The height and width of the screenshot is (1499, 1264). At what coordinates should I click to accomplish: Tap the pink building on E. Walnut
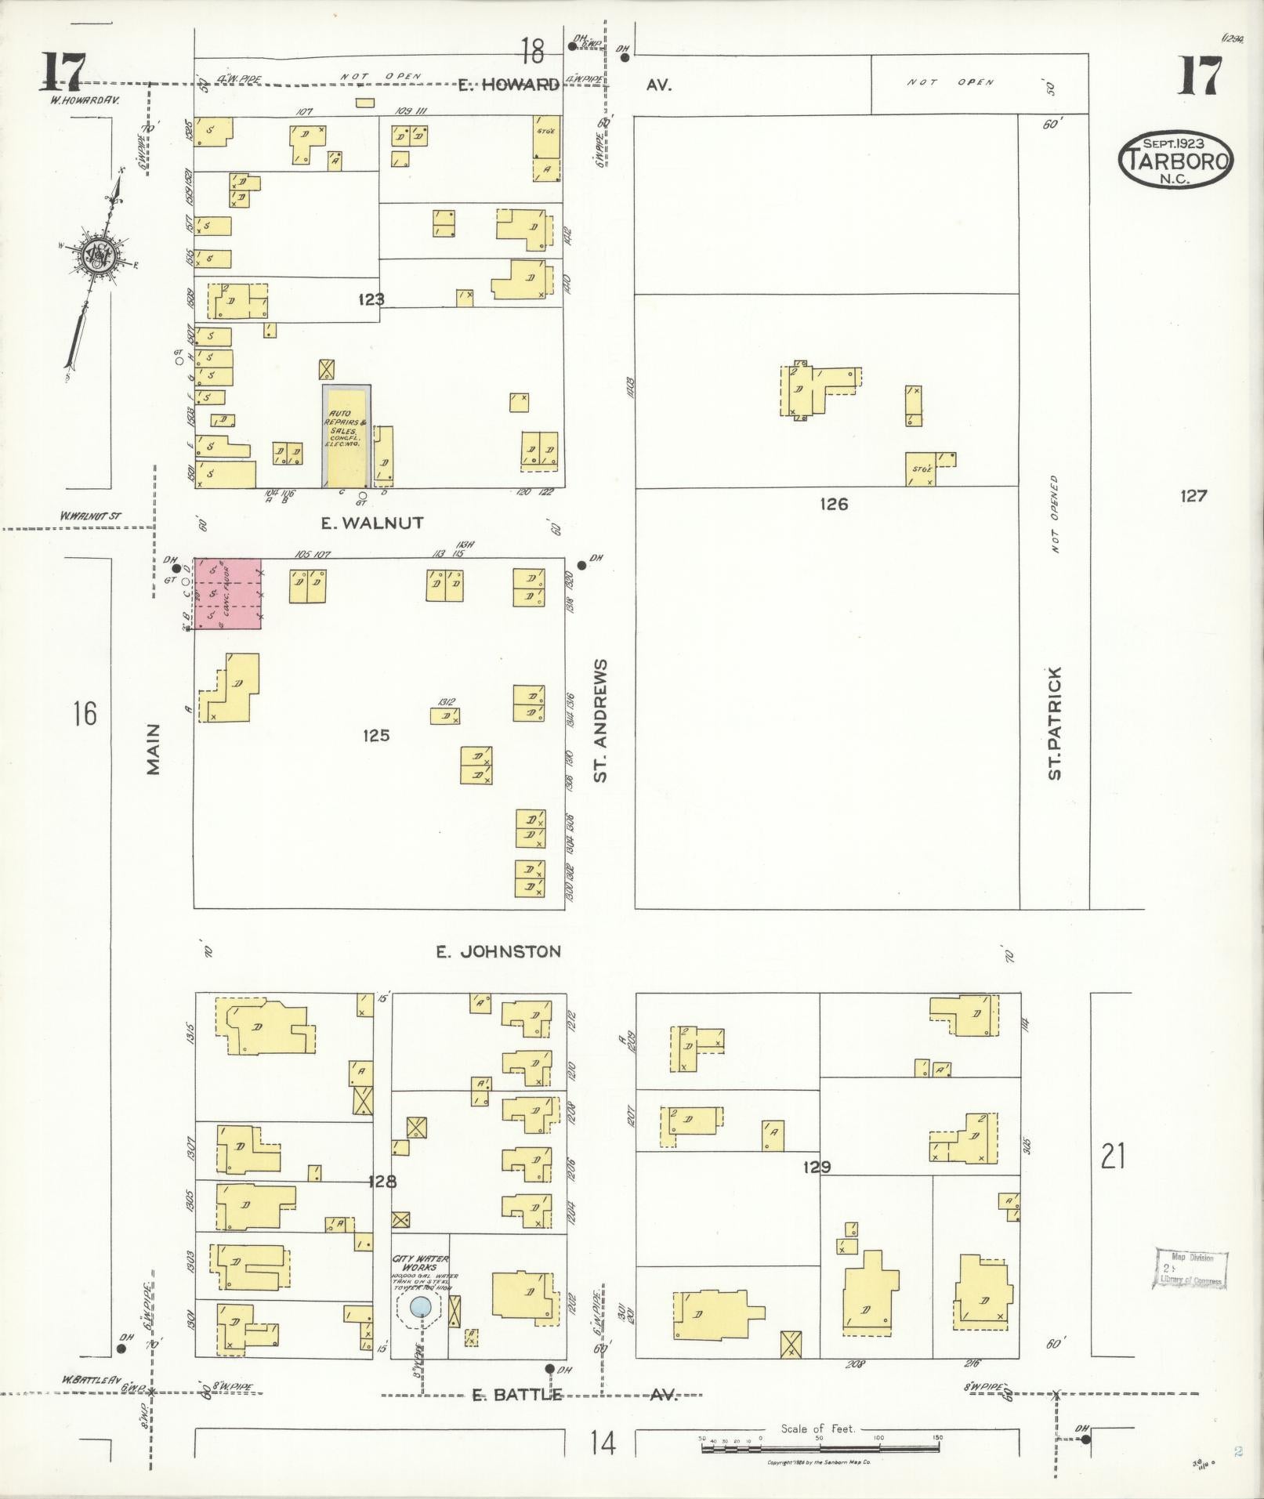pyautogui.click(x=227, y=593)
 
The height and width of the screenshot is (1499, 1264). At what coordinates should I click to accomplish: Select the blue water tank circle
pyautogui.click(x=421, y=1305)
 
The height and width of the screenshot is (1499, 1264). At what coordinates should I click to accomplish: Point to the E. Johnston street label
pyautogui.click(x=498, y=951)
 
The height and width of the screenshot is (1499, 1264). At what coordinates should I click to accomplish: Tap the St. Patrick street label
pyautogui.click(x=1055, y=722)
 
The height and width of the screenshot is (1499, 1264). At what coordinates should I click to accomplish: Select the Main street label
pyautogui.click(x=154, y=749)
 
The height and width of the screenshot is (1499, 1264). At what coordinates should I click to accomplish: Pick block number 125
pyautogui.click(x=376, y=735)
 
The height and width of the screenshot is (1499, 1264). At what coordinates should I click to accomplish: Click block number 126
pyautogui.click(x=834, y=504)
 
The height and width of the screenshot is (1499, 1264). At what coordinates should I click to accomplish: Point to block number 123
pyautogui.click(x=371, y=299)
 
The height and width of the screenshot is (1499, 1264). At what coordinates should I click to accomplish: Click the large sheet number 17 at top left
pyautogui.click(x=63, y=72)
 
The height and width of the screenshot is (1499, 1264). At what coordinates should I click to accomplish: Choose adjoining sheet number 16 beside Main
pyautogui.click(x=85, y=714)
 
